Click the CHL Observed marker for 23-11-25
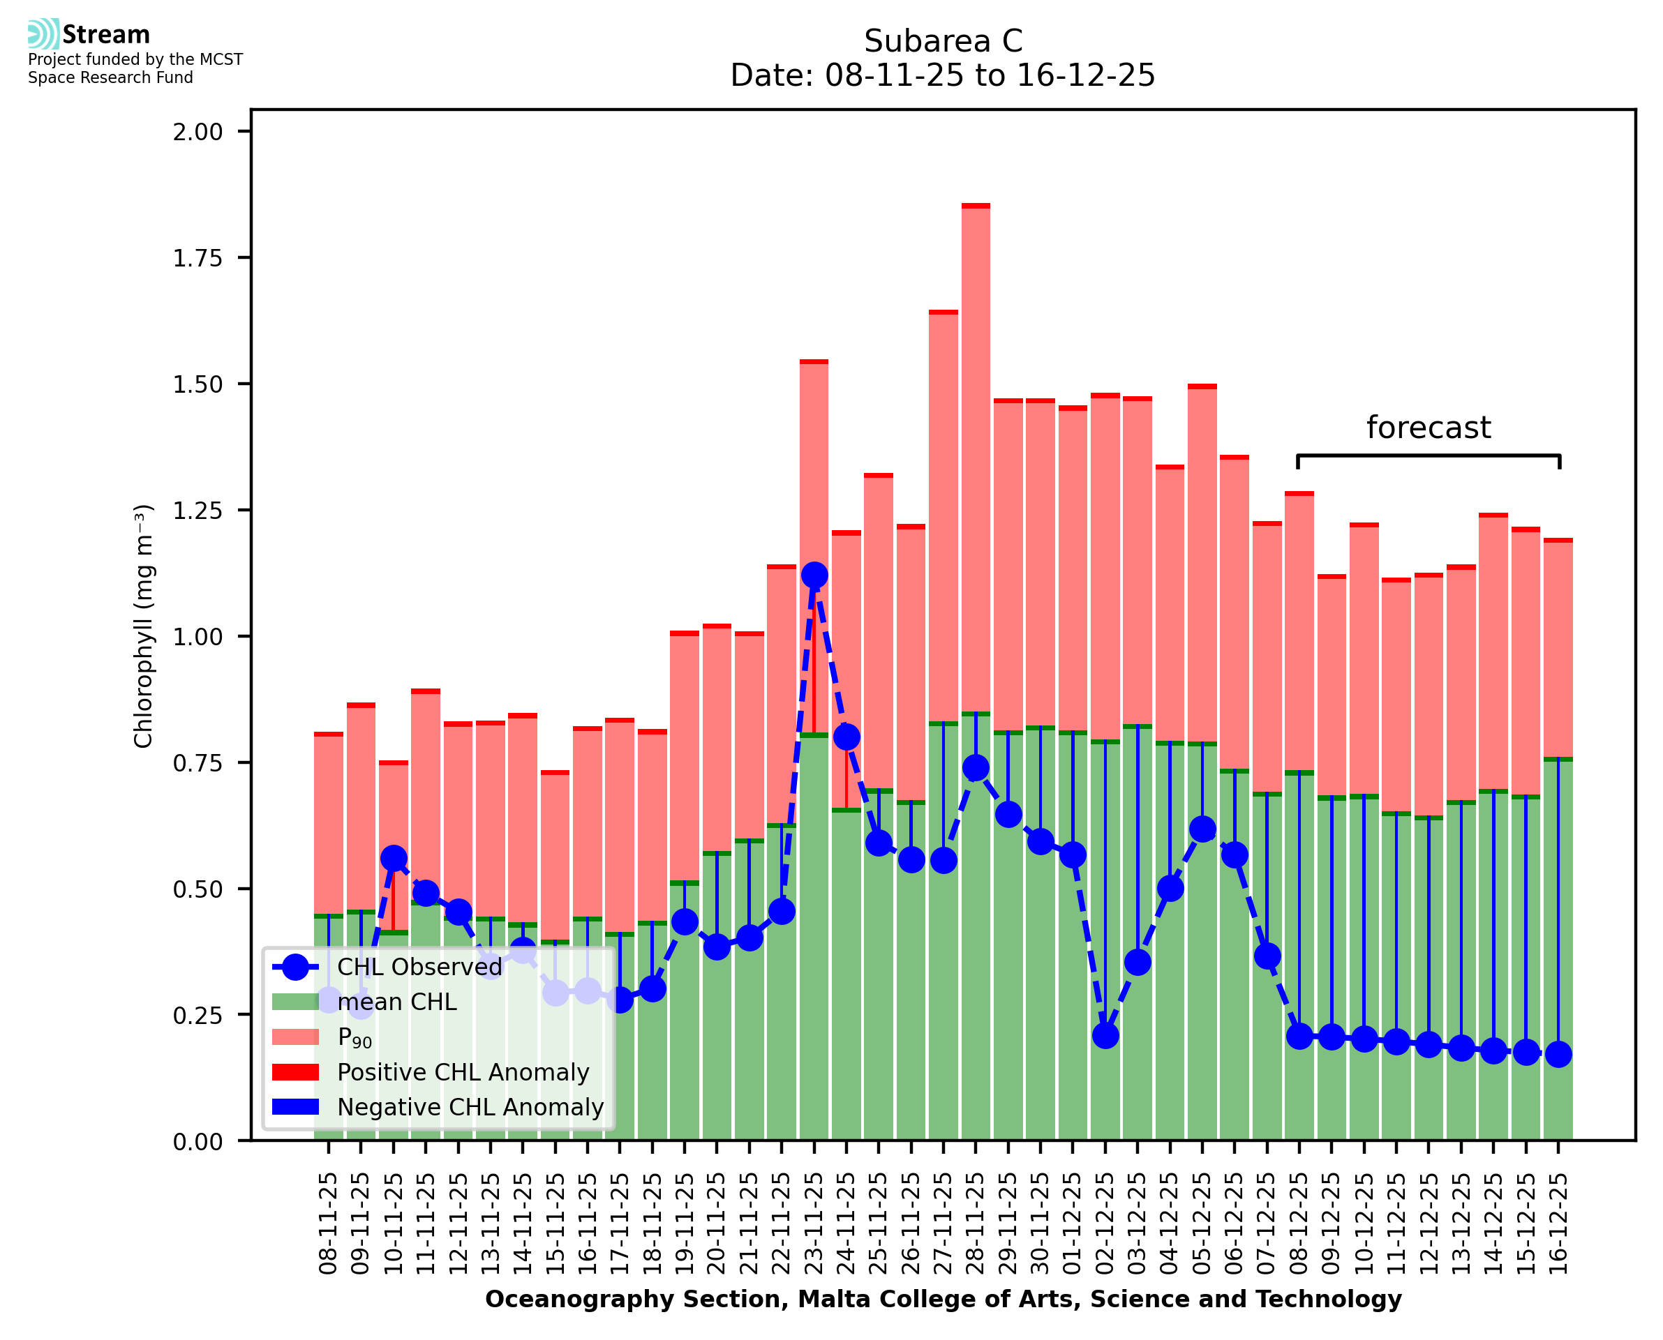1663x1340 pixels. (814, 575)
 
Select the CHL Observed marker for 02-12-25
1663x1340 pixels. (1105, 1035)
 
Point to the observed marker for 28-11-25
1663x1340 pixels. (976, 767)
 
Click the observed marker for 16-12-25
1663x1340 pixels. (1558, 1055)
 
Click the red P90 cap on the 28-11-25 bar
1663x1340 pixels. (976, 206)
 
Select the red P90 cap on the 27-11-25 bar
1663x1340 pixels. (944, 313)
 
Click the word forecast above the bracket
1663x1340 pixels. (1429, 428)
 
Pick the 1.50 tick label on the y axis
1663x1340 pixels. (197, 384)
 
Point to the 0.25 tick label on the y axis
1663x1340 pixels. (197, 1016)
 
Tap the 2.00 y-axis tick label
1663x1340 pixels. (197, 132)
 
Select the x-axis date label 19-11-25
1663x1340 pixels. (685, 1224)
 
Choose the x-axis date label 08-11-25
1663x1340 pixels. (329, 1224)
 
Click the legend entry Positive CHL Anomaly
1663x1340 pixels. (463, 1072)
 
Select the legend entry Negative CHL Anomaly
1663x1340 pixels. (470, 1107)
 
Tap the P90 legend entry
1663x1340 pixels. (355, 1037)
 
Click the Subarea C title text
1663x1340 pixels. (943, 41)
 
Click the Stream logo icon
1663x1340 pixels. (43, 34)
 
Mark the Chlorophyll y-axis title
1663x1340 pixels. (144, 626)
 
